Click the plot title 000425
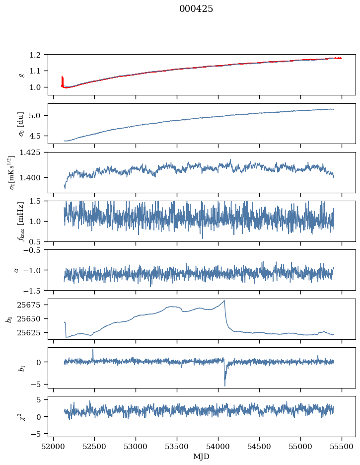point(196,9)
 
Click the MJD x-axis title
point(202,456)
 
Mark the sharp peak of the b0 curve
point(224,301)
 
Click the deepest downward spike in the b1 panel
point(225,386)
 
